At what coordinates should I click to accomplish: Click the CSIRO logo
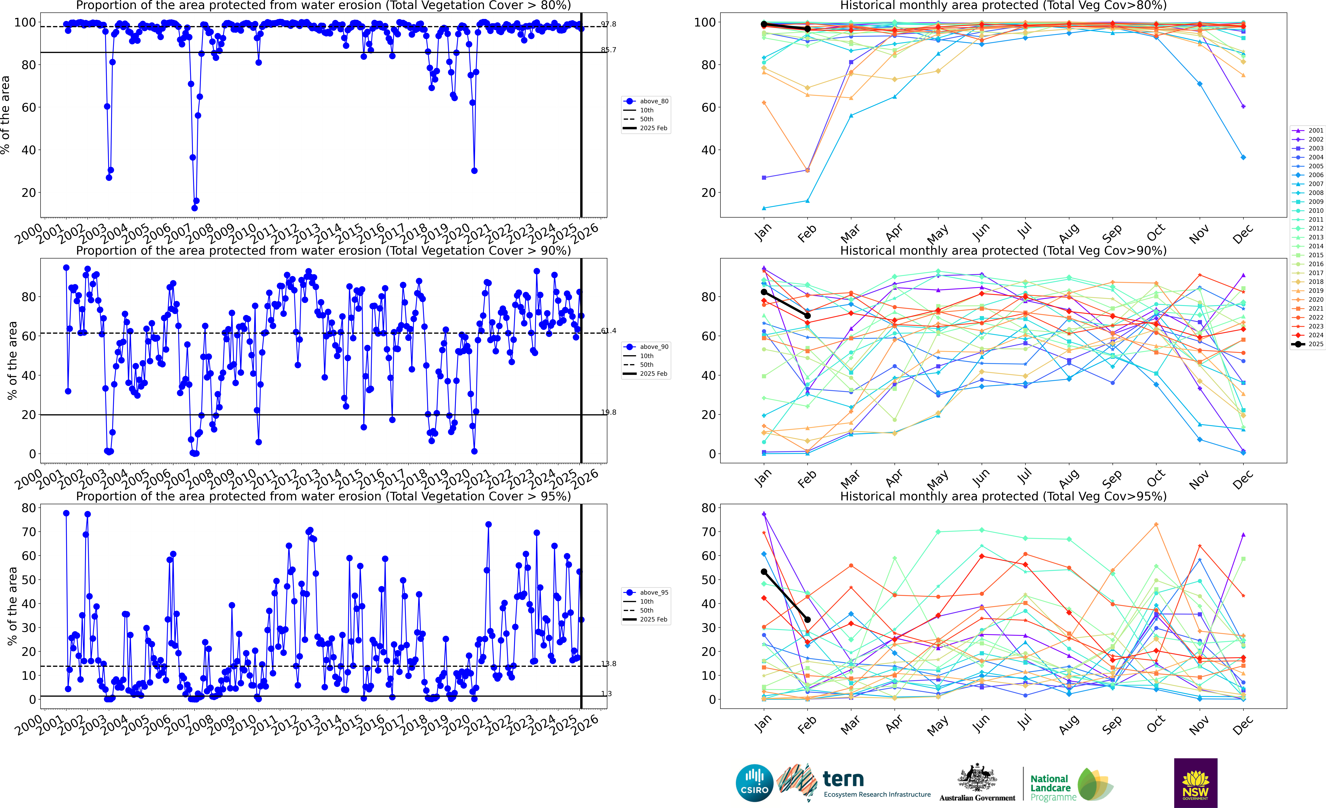[754, 783]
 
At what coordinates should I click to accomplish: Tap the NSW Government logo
[1195, 783]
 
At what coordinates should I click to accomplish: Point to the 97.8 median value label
[609, 24]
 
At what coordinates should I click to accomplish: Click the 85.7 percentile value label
[609, 50]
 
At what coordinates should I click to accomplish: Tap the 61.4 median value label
[609, 331]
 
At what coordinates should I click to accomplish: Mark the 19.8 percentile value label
[609, 413]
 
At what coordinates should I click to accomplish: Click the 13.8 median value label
[609, 664]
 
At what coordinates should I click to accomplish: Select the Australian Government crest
[977, 778]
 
